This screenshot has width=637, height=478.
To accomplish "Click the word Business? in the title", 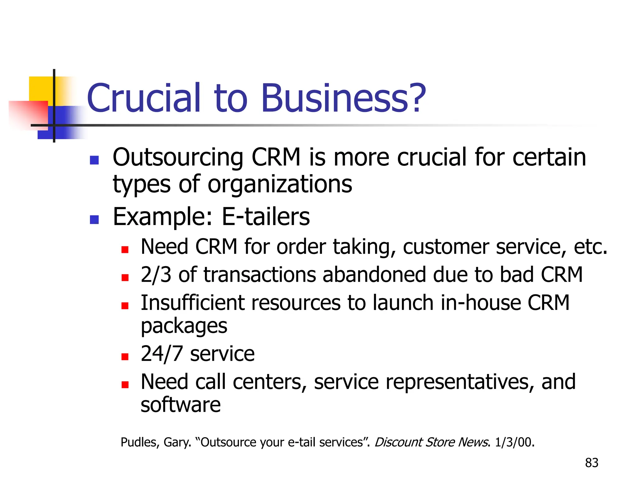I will pyautogui.click(x=343, y=98).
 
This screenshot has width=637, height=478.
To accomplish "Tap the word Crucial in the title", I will pyautogui.click(x=144, y=98).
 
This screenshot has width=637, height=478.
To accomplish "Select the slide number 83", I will pyautogui.click(x=592, y=463).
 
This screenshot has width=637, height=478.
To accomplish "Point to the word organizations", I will pyautogui.click(x=280, y=184).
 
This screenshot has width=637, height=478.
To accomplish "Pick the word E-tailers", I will pyautogui.click(x=266, y=217).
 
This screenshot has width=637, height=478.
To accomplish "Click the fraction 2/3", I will pyautogui.click(x=156, y=275).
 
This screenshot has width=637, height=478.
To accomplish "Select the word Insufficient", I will pyautogui.click(x=193, y=303).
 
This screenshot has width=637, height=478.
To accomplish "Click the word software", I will pyautogui.click(x=181, y=405).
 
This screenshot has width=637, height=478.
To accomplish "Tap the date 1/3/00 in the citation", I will pyautogui.click(x=514, y=442).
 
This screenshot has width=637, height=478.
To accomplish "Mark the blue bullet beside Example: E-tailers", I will pyautogui.click(x=94, y=219).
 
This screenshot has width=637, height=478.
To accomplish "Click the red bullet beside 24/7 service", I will pyautogui.click(x=125, y=357).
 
